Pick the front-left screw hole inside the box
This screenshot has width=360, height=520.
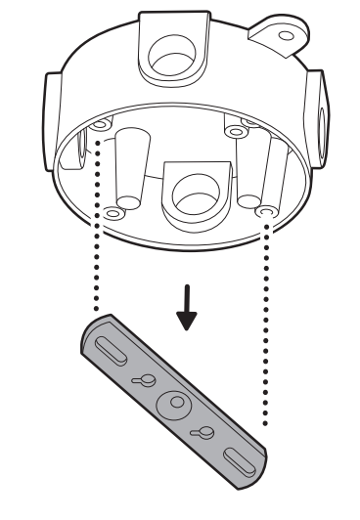[113, 212]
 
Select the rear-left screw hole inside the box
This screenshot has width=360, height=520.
[101, 127]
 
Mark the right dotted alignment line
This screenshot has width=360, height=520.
[266, 323]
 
